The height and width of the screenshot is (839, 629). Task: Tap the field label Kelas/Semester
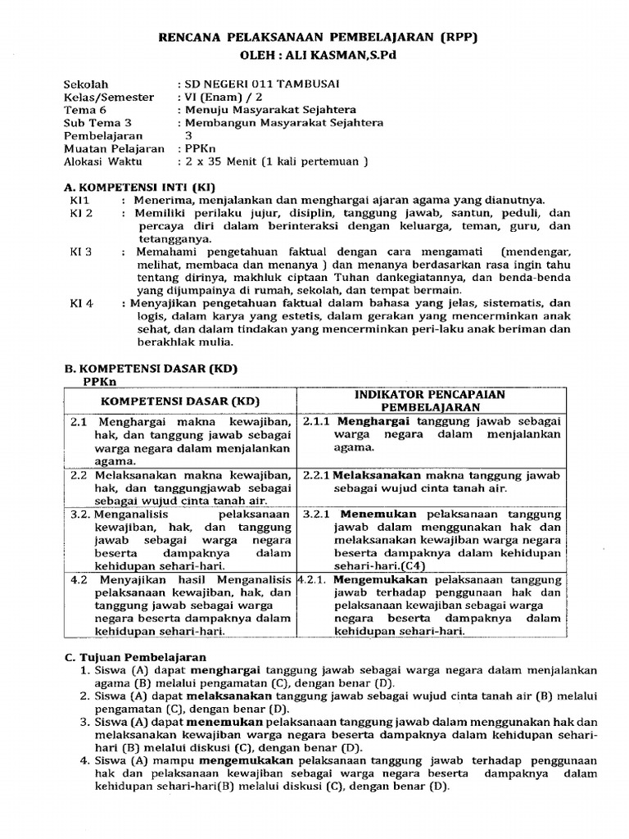[109, 97]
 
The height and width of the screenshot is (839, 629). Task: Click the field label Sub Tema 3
[97, 123]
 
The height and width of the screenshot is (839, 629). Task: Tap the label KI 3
[82, 251]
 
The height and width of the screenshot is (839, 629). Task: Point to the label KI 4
[82, 302]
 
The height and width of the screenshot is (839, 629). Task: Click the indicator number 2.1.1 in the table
[316, 421]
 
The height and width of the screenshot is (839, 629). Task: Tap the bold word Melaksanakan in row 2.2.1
[377, 475]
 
